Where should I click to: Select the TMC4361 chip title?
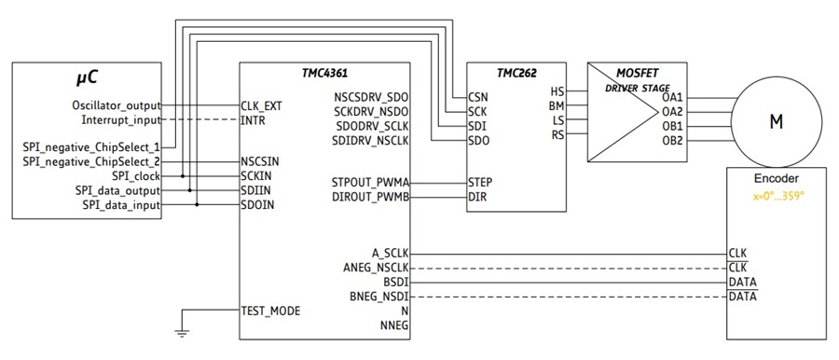click(x=324, y=74)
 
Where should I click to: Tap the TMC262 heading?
click(x=516, y=74)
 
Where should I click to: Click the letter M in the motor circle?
click(x=776, y=122)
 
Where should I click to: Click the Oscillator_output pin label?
click(x=117, y=106)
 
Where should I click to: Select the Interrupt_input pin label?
click(x=121, y=120)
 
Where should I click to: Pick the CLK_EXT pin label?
click(x=261, y=106)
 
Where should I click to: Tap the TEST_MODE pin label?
click(x=270, y=311)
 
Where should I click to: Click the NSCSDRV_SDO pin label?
click(x=371, y=98)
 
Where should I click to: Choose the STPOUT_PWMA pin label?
click(x=370, y=183)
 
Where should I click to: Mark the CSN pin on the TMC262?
click(x=477, y=98)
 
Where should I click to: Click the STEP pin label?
click(x=480, y=183)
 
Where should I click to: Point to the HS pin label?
click(x=557, y=91)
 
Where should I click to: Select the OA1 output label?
click(x=671, y=98)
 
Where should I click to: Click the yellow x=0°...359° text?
click(x=778, y=196)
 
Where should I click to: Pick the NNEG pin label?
click(x=394, y=325)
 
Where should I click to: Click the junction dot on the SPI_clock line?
click(x=183, y=175)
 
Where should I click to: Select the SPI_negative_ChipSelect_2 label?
click(x=91, y=161)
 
